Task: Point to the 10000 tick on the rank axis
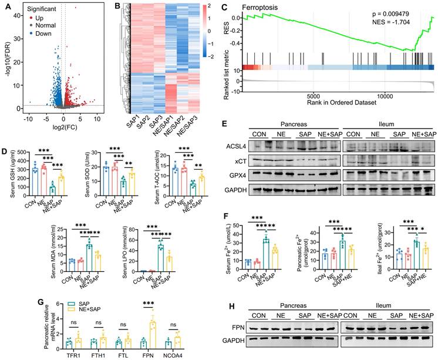pyautogui.click(x=385, y=96)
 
